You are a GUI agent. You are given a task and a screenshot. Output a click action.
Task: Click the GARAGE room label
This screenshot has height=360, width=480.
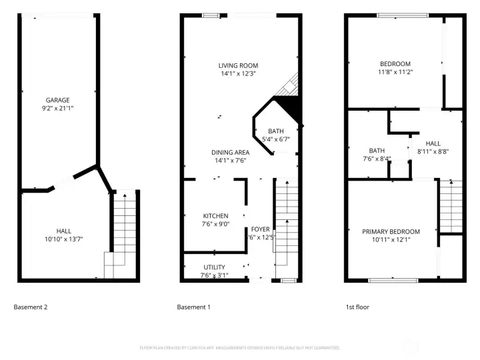(x=57, y=100)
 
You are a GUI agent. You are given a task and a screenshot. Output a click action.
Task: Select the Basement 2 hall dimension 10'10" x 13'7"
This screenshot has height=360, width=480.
(x=65, y=239)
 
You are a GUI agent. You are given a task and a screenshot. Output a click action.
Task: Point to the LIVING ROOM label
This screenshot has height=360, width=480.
(x=237, y=65)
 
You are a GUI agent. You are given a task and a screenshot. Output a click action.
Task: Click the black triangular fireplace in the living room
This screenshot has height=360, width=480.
(x=288, y=105)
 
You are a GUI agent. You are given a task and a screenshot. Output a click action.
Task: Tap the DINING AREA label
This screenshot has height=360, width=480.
(x=231, y=153)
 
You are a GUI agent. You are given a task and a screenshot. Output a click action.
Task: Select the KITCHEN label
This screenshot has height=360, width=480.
(x=215, y=216)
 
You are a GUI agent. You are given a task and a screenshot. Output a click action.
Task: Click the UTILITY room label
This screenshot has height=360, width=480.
(x=214, y=267)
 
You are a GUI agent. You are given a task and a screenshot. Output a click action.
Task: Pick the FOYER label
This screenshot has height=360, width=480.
(x=260, y=229)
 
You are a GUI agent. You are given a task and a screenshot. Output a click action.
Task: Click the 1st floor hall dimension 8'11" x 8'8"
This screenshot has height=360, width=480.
(x=433, y=152)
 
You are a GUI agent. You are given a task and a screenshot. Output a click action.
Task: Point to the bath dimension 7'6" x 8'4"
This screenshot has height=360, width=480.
(x=377, y=159)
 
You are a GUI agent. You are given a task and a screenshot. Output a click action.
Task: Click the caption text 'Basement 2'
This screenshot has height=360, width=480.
(x=31, y=307)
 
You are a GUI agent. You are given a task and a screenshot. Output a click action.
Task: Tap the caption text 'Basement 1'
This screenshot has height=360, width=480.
(x=193, y=307)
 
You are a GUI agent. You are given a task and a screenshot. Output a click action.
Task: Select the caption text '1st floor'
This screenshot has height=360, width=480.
(x=357, y=307)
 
